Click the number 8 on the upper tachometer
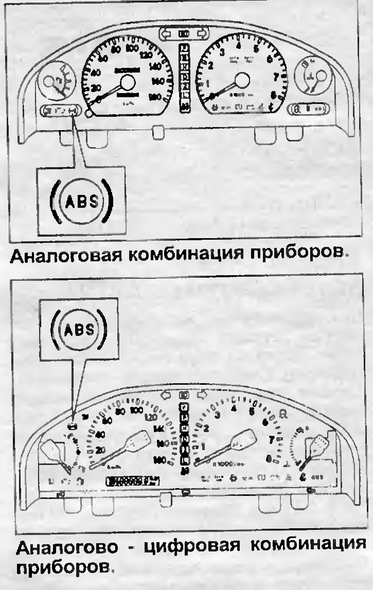[x=273, y=94]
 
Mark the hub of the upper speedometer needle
[x=127, y=82]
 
